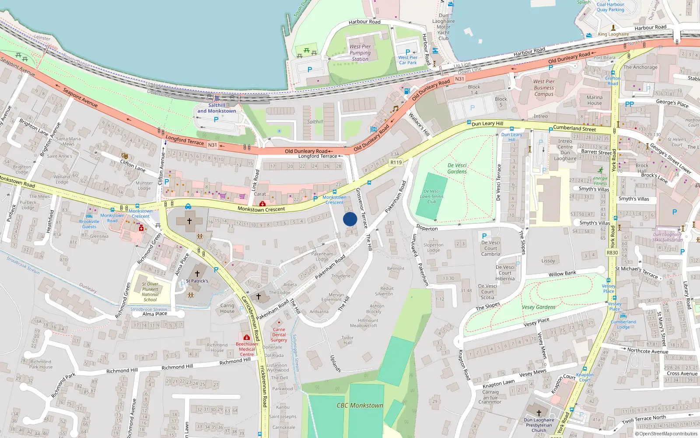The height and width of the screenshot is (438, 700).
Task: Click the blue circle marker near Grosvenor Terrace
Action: point(350,219)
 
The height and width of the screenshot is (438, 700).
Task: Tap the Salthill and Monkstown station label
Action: point(217,108)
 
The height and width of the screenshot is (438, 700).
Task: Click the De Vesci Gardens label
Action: point(457,169)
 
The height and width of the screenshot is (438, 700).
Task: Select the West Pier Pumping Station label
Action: point(360,53)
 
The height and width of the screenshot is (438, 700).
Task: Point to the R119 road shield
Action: point(396,162)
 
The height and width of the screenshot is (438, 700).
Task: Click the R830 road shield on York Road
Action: point(612,253)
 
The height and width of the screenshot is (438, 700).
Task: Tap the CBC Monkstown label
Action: point(360,406)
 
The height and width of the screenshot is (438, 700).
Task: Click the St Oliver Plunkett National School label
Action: point(150,292)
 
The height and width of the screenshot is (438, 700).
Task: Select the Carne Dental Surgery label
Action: point(279,335)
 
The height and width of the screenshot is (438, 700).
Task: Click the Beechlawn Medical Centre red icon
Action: point(247,338)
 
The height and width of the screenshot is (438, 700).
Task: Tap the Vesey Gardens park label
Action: point(538,307)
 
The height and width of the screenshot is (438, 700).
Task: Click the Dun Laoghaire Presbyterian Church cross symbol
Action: point(539,413)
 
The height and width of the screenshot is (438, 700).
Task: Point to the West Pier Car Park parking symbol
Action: point(408,52)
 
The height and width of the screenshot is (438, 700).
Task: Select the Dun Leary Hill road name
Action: point(487,124)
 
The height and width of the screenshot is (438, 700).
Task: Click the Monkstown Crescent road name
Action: point(261,209)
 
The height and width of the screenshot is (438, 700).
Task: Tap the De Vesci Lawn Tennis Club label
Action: point(432,197)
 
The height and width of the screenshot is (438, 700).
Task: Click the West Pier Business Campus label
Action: point(544,88)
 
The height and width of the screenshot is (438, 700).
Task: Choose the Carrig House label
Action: point(227,308)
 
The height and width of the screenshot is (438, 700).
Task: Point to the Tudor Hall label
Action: point(347,340)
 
